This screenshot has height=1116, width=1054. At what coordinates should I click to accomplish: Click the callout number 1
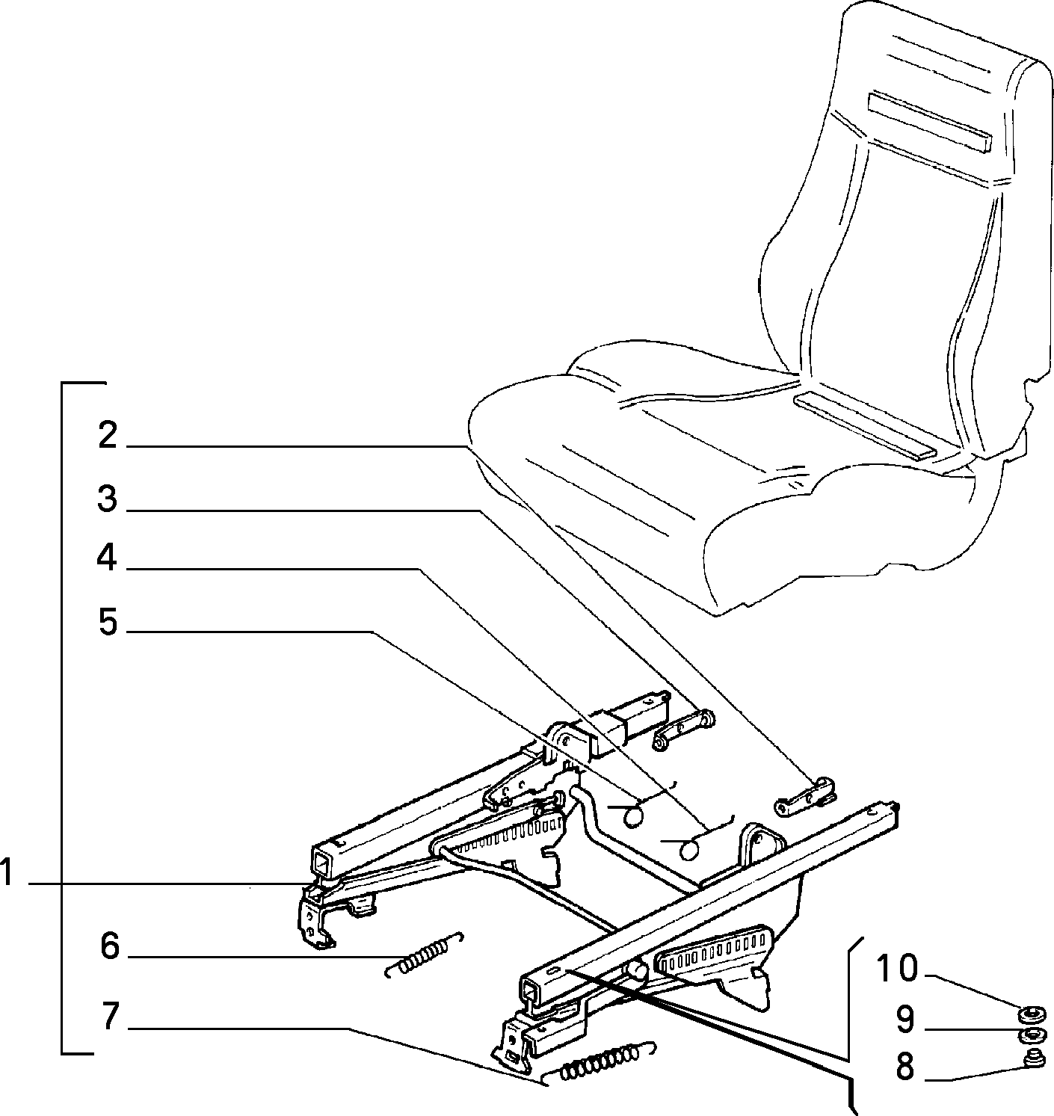[x=6, y=872]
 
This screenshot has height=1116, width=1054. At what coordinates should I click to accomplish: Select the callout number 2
[x=108, y=435]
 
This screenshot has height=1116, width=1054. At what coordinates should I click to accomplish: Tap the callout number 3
[x=107, y=499]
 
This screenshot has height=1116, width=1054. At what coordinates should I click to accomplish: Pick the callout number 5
[x=108, y=623]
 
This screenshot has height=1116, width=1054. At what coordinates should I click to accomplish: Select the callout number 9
[x=904, y=1020]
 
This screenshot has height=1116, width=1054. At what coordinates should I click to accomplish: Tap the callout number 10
[x=897, y=968]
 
